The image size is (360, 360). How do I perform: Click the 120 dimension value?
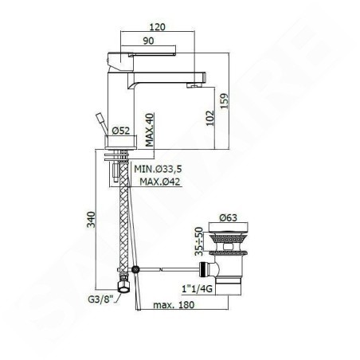158,27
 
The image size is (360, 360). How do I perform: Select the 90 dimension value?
148,41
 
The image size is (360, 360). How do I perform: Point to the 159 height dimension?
224,100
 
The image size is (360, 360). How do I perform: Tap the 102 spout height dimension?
210,118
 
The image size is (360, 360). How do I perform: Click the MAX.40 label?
150,130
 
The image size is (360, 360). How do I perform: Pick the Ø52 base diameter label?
121,131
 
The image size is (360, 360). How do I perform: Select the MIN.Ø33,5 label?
158,169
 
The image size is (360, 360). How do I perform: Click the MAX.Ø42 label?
160,182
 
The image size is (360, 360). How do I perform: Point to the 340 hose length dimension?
91,219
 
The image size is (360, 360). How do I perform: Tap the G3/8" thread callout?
100,299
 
